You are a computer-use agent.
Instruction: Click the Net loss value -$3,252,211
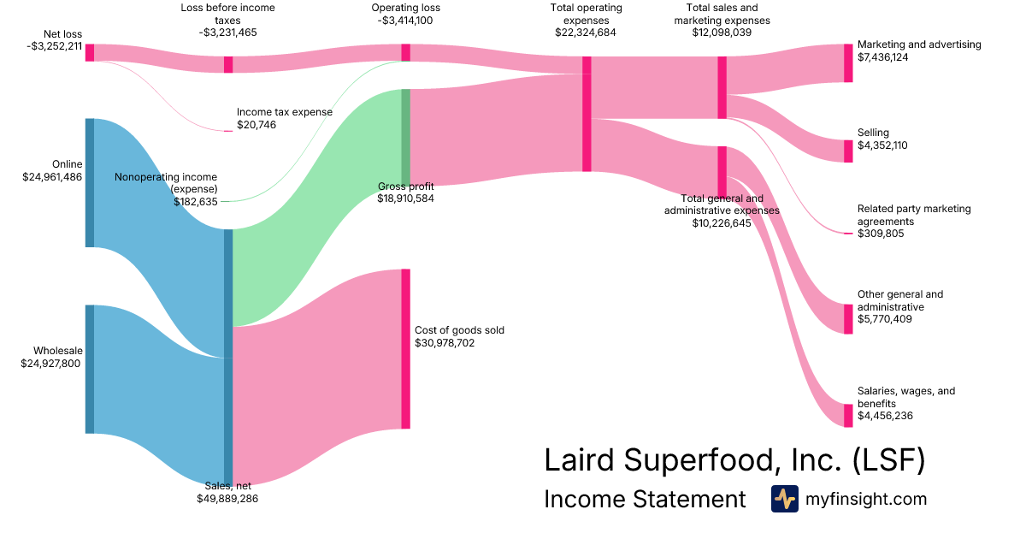(x=55, y=46)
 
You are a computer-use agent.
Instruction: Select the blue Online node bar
(x=89, y=182)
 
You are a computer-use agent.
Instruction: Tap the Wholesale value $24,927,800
(x=52, y=364)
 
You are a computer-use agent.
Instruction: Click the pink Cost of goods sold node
(x=405, y=348)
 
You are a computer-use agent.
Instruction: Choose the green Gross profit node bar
(x=405, y=136)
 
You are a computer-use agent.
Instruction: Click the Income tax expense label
(x=284, y=112)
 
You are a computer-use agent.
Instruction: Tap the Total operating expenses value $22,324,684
(x=586, y=33)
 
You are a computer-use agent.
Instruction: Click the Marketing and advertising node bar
(x=848, y=62)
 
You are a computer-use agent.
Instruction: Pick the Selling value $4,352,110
(x=882, y=145)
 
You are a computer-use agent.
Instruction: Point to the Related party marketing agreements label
(x=914, y=215)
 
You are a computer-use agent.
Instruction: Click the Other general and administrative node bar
(x=848, y=319)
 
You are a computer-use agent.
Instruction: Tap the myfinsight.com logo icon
(x=784, y=499)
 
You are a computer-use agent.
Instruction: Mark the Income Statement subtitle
(x=645, y=500)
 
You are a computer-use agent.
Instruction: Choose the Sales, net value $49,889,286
(x=227, y=498)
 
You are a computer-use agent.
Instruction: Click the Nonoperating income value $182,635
(x=195, y=202)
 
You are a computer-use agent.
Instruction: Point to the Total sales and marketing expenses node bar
(x=722, y=87)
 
